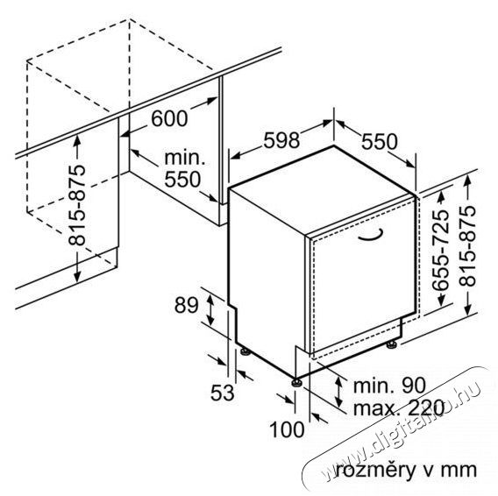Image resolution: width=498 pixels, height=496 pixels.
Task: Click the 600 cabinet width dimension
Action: pos(169,119)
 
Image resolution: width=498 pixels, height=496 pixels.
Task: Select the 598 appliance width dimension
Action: pos(281,140)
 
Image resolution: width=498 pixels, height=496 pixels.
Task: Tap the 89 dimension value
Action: pos(186,306)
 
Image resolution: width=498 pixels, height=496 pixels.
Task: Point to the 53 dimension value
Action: pos(223,393)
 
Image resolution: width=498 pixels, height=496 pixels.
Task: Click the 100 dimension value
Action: pos(287,429)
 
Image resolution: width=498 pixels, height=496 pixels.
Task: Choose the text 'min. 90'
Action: pos(389,386)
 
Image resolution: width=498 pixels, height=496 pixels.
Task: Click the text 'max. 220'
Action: pos(399,407)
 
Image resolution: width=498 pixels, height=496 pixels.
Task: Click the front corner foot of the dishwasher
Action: pos(297,382)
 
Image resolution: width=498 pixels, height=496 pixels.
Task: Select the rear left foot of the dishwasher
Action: pos(245,351)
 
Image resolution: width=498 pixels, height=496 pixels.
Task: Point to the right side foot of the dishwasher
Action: pos(391,344)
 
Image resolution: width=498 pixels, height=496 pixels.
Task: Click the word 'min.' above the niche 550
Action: pos(184,158)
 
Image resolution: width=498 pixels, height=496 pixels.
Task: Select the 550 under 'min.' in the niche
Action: pos(182,179)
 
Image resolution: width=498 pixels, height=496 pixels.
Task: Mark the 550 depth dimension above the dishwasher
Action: pos(380,141)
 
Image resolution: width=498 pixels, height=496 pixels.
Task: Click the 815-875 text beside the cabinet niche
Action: pos(77,205)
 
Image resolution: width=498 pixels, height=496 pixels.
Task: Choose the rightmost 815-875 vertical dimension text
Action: pos(468,245)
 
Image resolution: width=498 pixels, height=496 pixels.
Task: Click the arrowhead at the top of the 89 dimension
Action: pos(210,297)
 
